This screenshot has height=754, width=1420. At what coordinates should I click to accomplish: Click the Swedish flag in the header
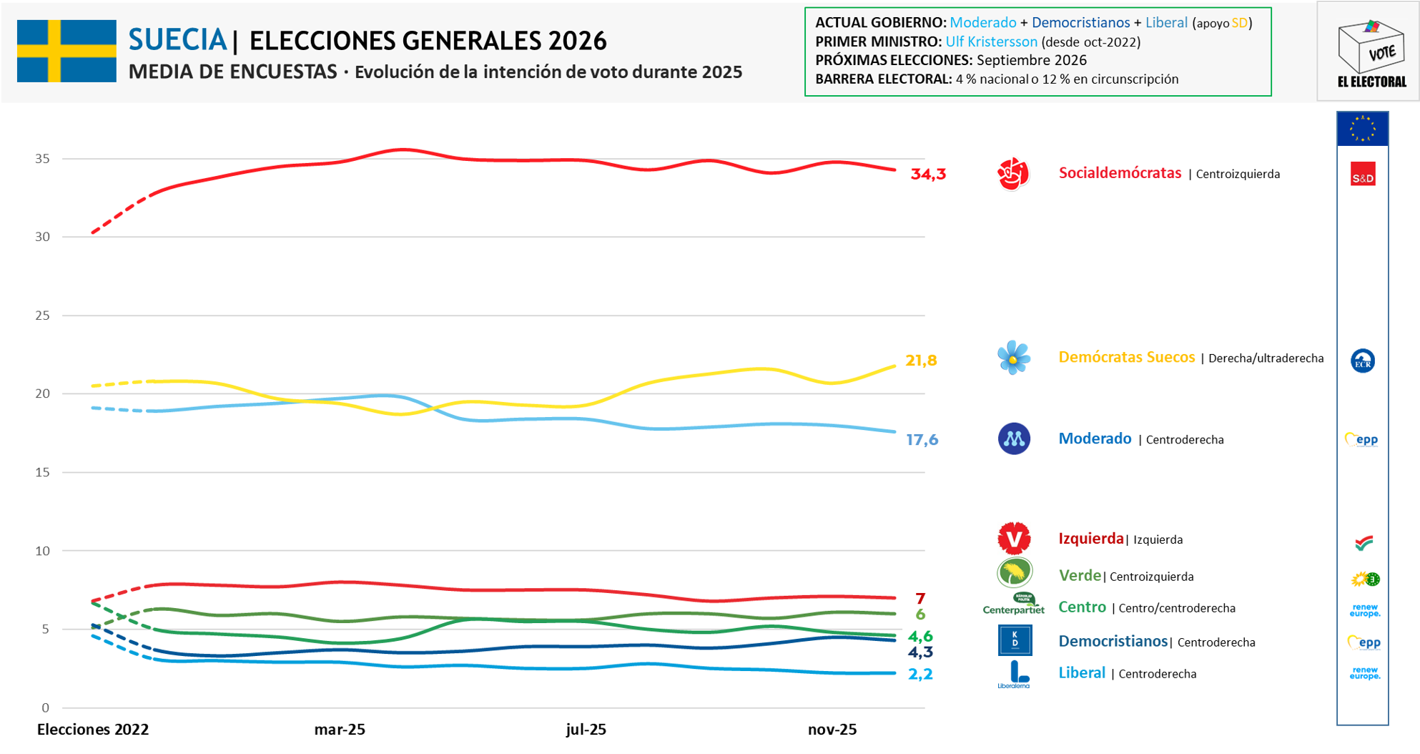(66, 51)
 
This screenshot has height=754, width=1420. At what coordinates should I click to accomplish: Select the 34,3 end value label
(928, 174)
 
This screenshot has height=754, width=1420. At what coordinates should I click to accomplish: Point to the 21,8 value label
(921, 361)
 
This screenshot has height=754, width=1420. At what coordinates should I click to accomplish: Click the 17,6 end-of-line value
(922, 440)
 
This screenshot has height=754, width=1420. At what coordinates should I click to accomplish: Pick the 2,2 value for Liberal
(920, 674)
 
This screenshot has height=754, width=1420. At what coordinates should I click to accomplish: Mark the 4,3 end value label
(920, 652)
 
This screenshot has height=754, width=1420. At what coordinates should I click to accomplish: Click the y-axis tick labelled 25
(43, 315)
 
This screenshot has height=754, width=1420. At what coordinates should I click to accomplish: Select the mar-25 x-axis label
(340, 730)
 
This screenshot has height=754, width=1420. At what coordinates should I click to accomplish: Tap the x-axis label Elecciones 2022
(93, 730)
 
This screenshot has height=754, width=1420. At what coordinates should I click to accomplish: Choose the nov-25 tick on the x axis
(832, 730)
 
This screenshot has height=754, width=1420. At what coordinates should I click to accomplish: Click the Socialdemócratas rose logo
(1013, 174)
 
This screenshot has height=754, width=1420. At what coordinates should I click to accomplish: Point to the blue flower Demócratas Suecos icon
(1013, 358)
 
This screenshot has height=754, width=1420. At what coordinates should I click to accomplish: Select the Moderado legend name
(1095, 439)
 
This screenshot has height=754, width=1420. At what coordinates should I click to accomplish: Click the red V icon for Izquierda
(1014, 538)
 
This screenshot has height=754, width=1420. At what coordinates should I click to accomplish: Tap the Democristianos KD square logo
(1015, 640)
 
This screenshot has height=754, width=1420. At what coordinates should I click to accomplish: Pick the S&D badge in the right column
(1363, 175)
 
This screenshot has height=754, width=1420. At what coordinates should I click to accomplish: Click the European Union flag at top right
(1363, 129)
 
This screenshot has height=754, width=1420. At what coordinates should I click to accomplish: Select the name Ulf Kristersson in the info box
(991, 41)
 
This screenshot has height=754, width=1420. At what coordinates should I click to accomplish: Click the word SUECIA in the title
(177, 40)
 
